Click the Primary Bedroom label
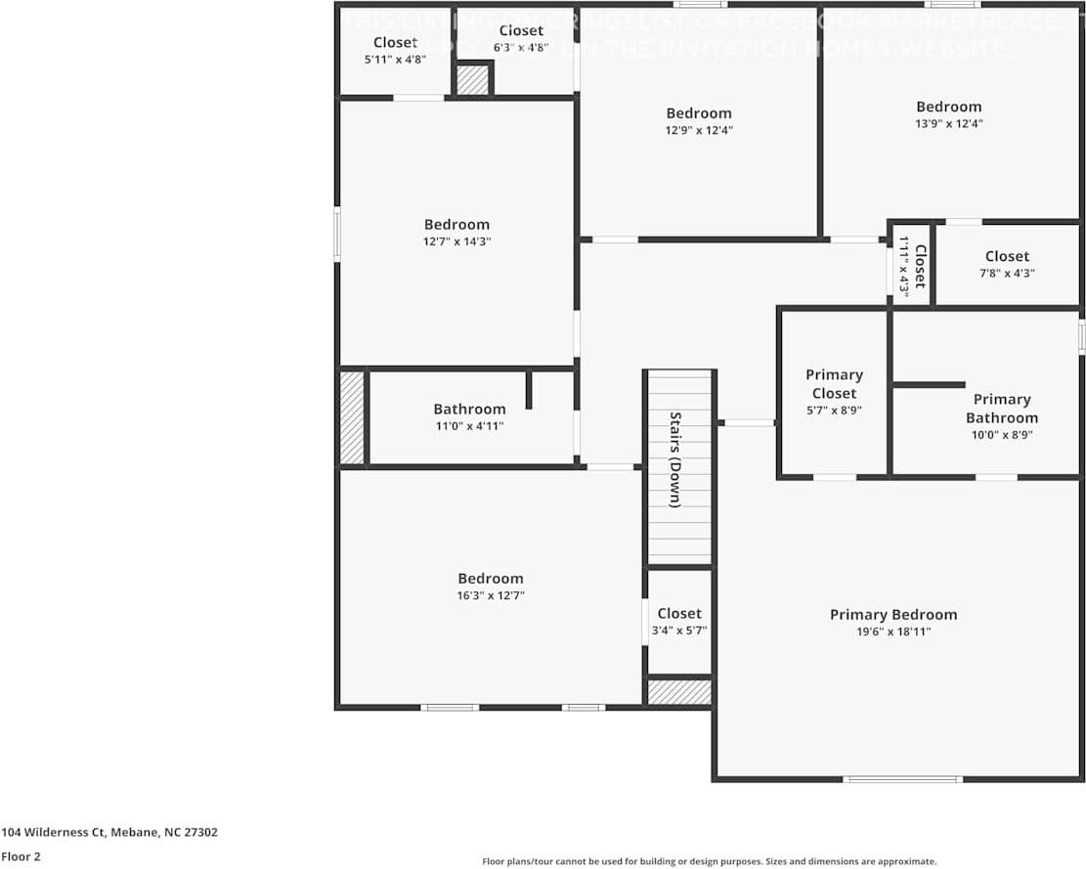pyautogui.click(x=892, y=615)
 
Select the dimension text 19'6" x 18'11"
pyautogui.click(x=892, y=632)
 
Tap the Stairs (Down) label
pyautogui.click(x=675, y=459)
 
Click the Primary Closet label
pyautogui.click(x=834, y=384)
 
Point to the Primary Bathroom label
pyautogui.click(x=1001, y=409)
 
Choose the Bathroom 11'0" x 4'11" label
pyautogui.click(x=469, y=410)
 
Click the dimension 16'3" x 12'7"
pyautogui.click(x=491, y=595)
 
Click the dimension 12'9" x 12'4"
pyautogui.click(x=698, y=130)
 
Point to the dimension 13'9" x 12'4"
pyautogui.click(x=948, y=124)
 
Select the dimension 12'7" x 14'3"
pyautogui.click(x=456, y=241)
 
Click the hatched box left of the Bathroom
pyautogui.click(x=351, y=417)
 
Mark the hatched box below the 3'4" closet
pyautogui.click(x=678, y=692)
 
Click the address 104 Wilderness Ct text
pyautogui.click(x=109, y=833)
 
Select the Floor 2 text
pyautogui.click(x=21, y=856)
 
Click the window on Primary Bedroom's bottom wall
pyautogui.click(x=902, y=779)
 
